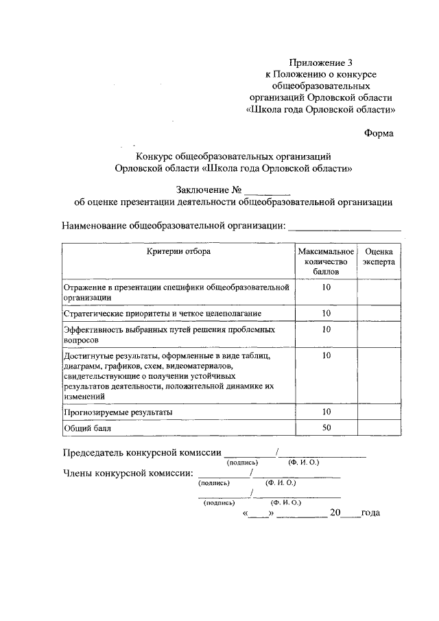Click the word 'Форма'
[x=379, y=133]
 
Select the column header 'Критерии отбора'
[x=178, y=252]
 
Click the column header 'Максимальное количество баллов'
[x=326, y=262]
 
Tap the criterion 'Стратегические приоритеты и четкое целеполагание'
[x=162, y=313]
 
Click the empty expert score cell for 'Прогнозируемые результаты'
[x=379, y=412]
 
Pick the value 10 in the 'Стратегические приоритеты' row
[x=326, y=313]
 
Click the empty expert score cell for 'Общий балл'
[x=379, y=429]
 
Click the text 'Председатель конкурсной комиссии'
[x=142, y=452]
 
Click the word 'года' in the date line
[x=370, y=513]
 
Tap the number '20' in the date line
[x=335, y=513]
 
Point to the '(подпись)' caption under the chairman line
[x=242, y=462]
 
